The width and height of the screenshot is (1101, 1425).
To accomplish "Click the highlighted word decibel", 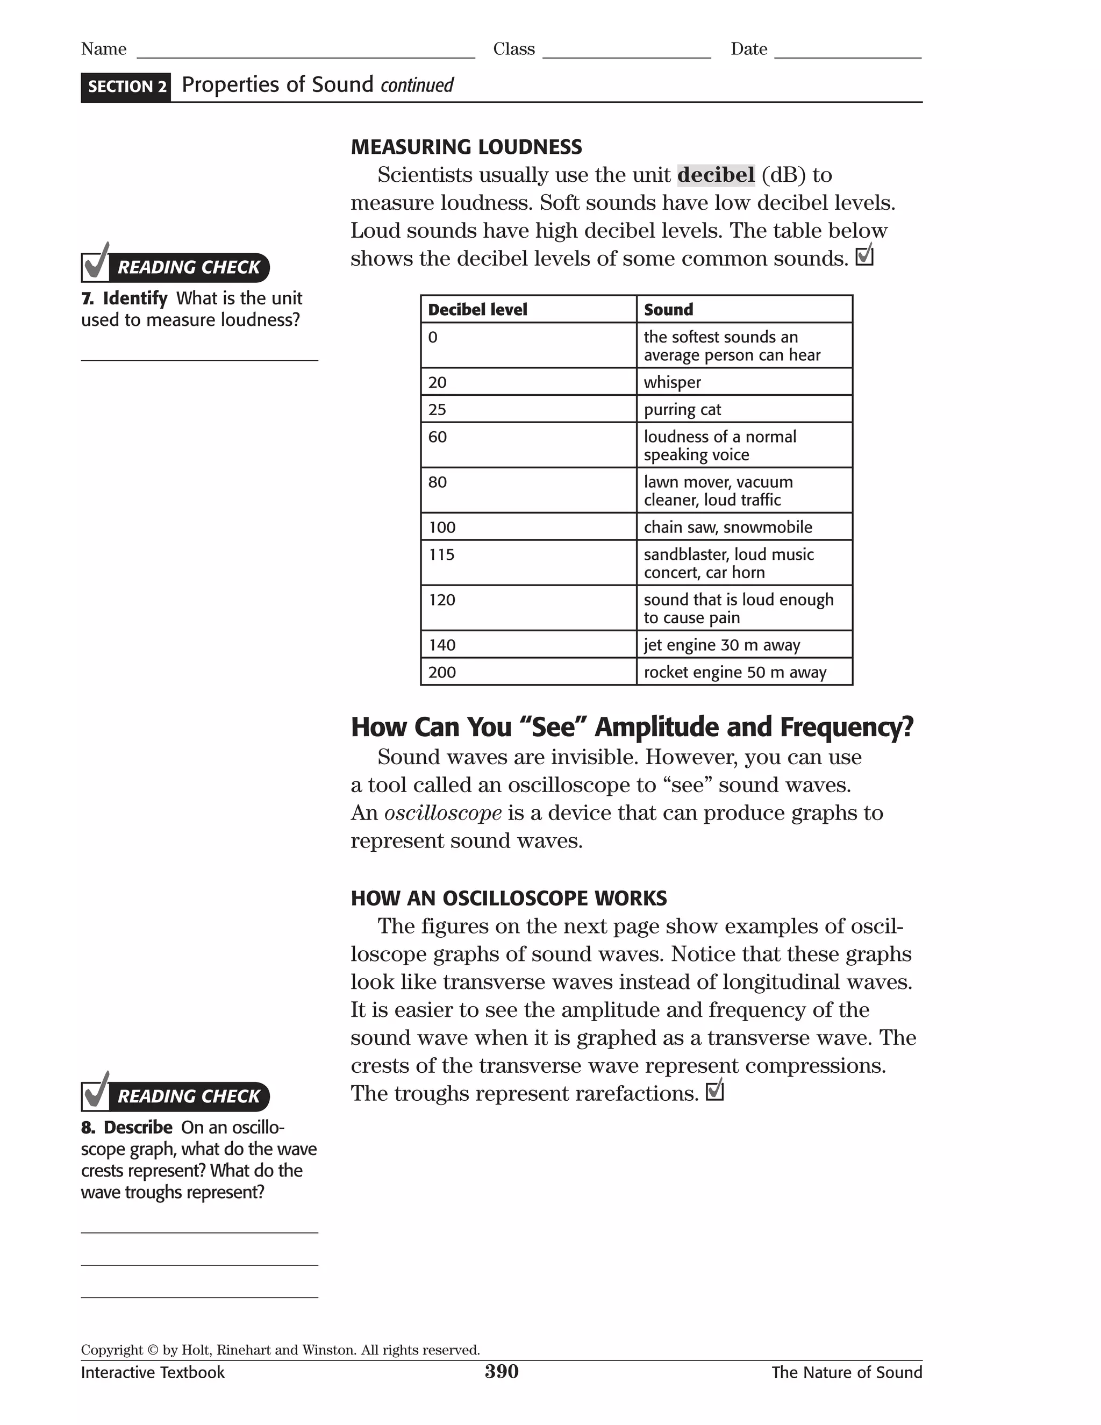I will coord(716,175).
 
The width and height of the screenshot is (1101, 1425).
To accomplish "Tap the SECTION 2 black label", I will coord(126,87).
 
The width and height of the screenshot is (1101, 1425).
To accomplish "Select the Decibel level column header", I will coord(477,309).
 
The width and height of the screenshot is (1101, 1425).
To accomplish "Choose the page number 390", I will coord(501,1372).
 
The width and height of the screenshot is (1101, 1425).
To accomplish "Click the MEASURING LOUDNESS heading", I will coord(466,147).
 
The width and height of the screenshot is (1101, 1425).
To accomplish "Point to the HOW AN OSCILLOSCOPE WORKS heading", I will coord(508,898).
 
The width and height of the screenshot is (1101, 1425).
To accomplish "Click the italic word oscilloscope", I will coord(443,813).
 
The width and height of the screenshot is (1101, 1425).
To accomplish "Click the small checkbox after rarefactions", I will coord(715,1091).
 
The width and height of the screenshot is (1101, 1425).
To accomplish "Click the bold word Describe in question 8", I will coord(138,1128).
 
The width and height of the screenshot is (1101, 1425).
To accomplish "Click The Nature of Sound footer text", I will coord(846,1372).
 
